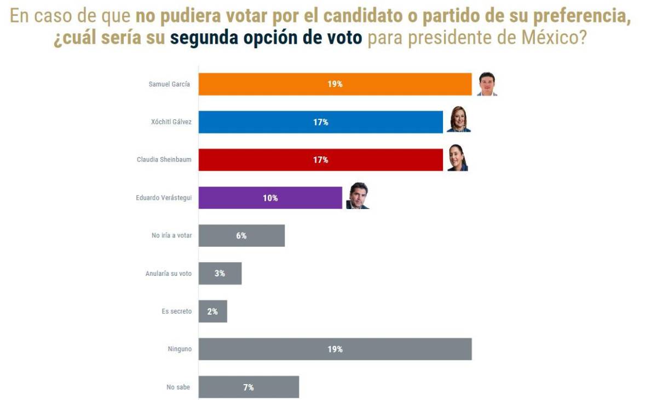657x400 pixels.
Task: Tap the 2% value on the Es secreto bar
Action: (212, 311)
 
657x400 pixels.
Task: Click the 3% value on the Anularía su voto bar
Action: (220, 273)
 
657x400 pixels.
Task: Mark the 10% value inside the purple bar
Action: (270, 198)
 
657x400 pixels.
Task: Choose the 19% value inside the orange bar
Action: (335, 84)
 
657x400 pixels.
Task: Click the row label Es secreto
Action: (176, 311)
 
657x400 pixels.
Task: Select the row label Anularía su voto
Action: (168, 273)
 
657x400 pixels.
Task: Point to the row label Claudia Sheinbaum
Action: (164, 160)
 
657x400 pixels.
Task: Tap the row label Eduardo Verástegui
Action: (164, 198)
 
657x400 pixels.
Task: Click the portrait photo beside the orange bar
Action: (487, 84)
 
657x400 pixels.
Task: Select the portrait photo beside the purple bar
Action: (358, 196)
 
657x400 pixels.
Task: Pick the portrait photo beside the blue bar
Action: (458, 120)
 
